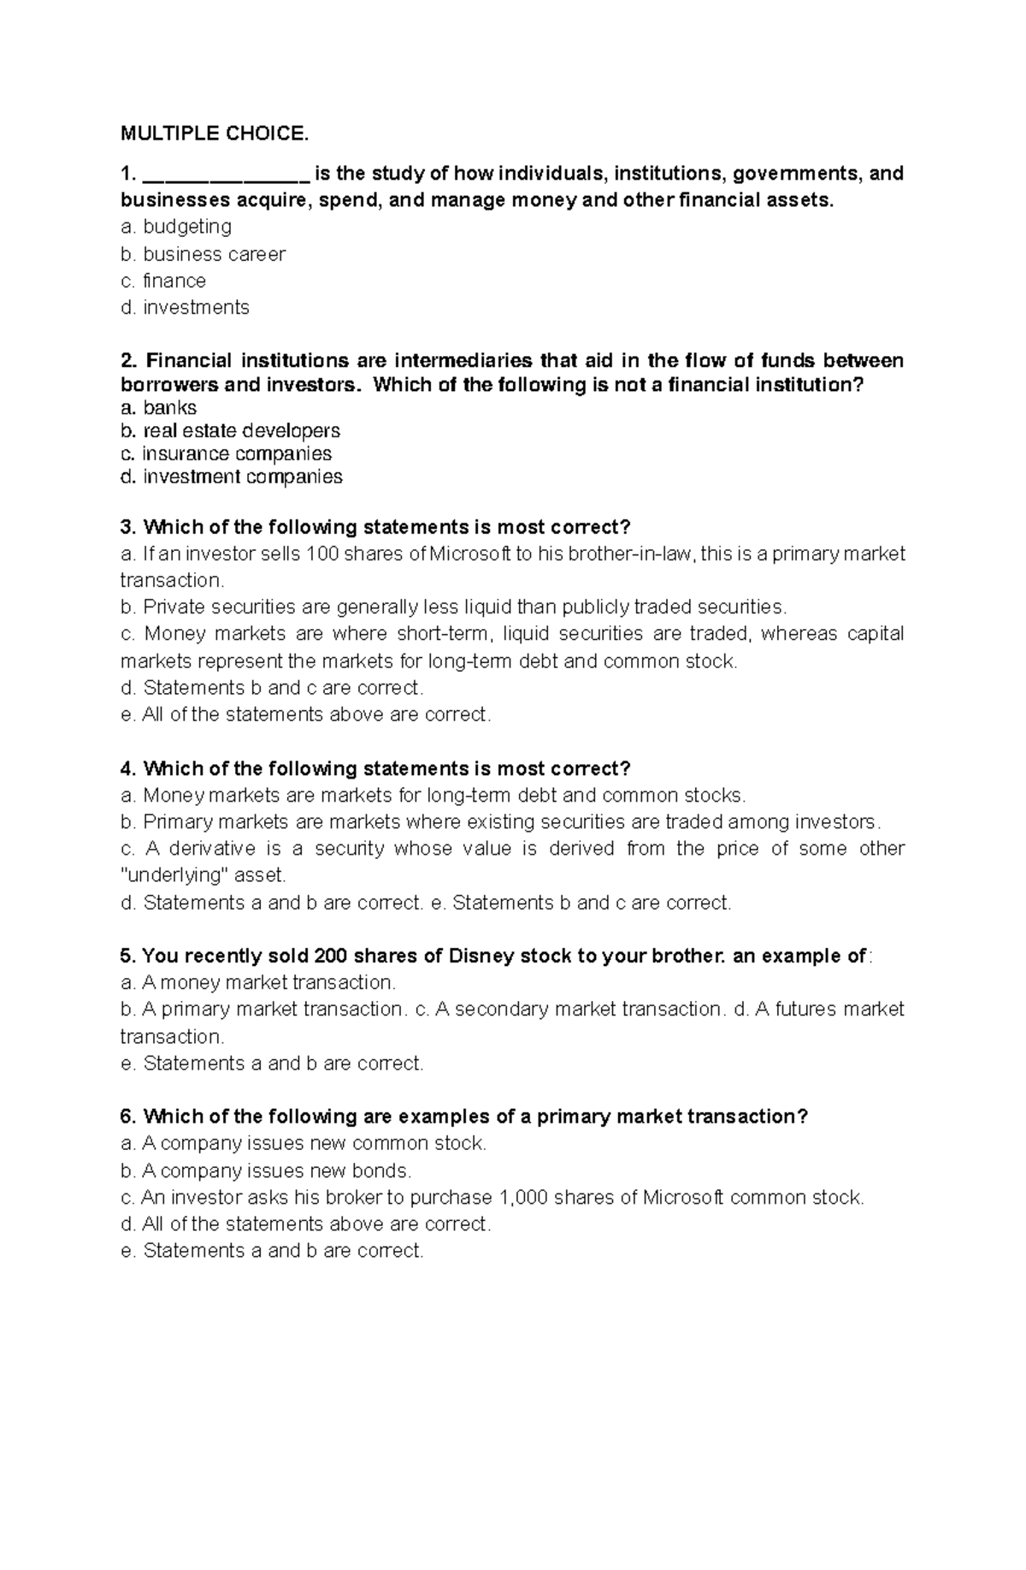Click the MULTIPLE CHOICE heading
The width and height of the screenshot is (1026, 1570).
213,133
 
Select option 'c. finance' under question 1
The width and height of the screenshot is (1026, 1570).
163,281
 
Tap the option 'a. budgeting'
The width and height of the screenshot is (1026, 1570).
176,227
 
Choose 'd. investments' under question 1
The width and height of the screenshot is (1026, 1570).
185,308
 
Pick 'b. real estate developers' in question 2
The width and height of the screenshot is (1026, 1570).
230,431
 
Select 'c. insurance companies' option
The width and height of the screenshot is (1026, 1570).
226,454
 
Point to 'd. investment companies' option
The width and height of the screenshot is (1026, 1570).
231,477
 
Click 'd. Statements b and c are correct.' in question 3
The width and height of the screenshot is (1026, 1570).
272,688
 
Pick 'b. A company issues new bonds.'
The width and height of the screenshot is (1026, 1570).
266,1170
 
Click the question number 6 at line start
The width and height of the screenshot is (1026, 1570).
128,1117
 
